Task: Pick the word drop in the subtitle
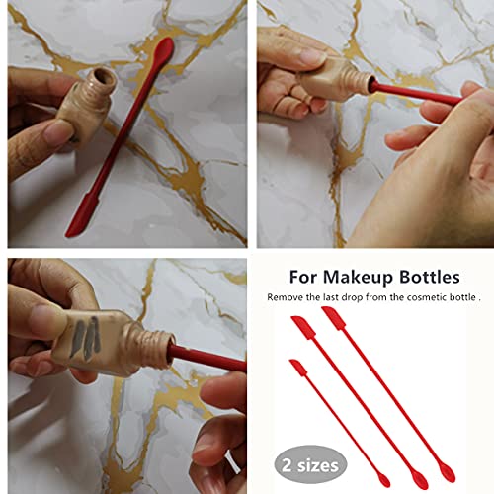tap(341, 297)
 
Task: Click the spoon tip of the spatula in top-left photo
tap(165, 48)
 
